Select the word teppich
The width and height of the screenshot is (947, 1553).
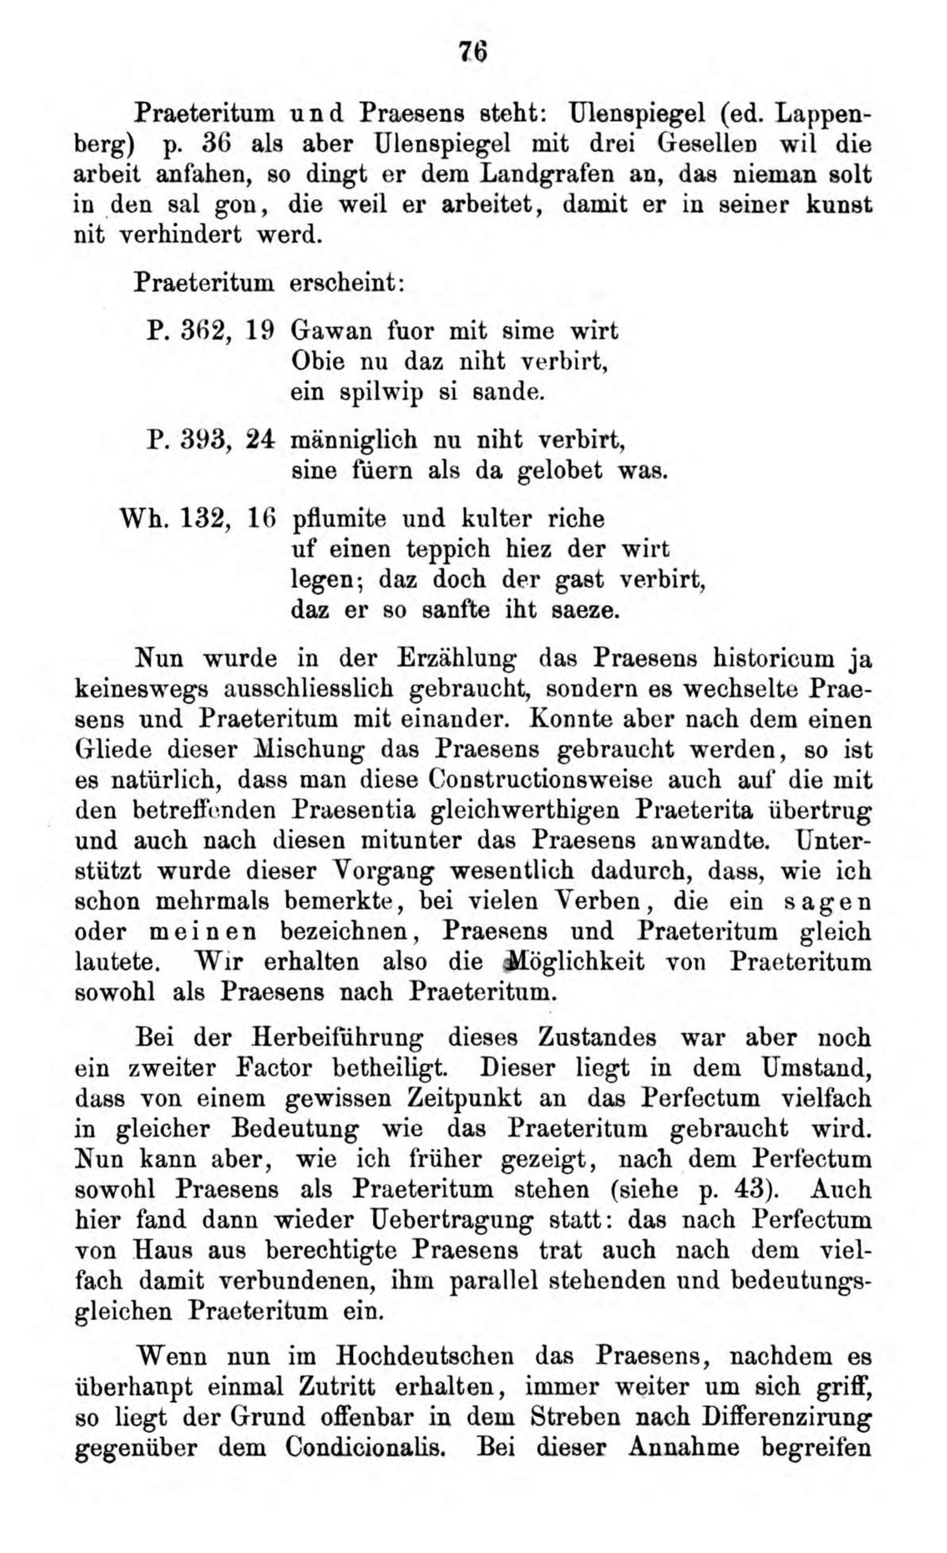coord(448,549)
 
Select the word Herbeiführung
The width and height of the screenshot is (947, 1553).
coord(337,1037)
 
